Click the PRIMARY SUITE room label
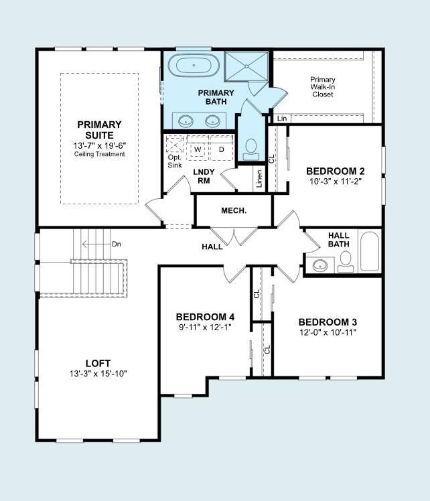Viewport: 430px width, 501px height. coord(99,129)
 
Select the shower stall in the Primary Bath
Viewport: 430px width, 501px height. coord(245,66)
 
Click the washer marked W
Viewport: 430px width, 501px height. coord(198,149)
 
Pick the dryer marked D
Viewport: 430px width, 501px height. coord(221,149)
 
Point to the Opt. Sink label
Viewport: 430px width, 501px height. coord(174,161)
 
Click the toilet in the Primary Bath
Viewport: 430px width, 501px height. coord(252,148)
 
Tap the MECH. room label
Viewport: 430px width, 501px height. coord(234,210)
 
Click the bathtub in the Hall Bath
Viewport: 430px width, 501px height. coord(369,251)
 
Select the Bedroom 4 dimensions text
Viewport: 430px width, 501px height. coord(205,327)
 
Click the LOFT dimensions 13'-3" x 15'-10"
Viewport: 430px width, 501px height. coord(98,373)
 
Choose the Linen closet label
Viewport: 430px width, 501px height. coord(259,179)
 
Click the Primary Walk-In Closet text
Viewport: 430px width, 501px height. coord(323,87)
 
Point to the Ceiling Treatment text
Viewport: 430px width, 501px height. coord(99,154)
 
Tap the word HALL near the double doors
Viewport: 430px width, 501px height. coord(212,247)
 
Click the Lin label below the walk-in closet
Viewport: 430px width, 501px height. coord(282,119)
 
